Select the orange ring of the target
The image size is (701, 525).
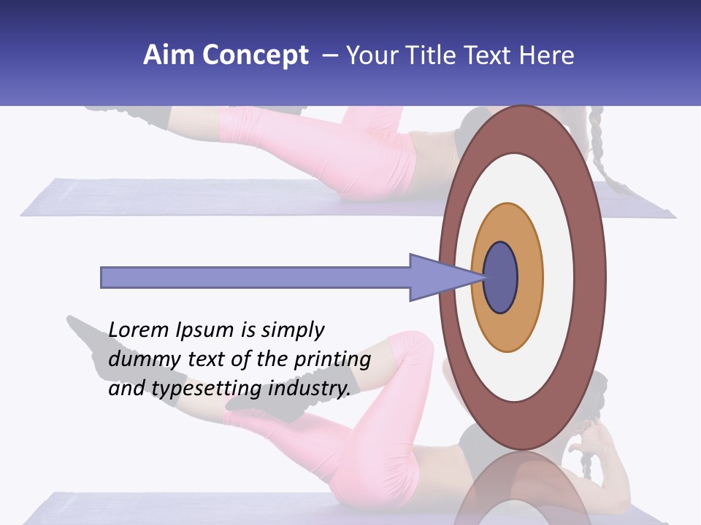529,278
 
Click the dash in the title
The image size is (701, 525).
329,55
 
